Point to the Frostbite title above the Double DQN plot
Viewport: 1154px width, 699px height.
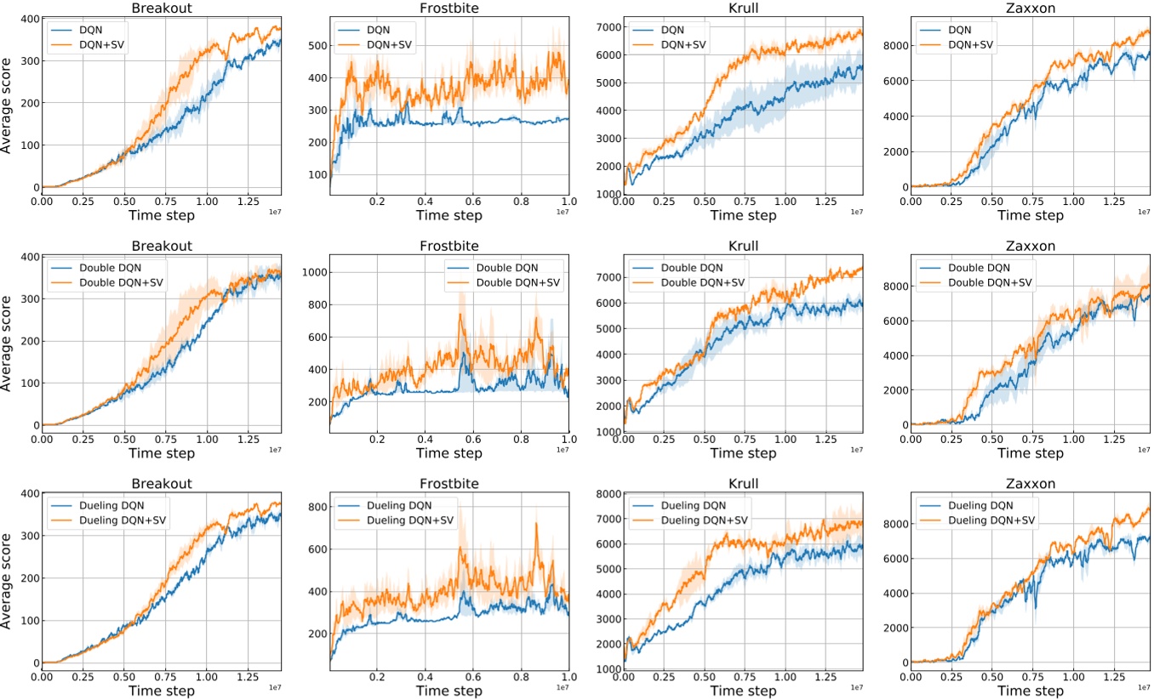[x=449, y=246]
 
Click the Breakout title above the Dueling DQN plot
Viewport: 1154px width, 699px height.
[x=161, y=484]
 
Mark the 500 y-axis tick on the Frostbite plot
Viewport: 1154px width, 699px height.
[x=315, y=45]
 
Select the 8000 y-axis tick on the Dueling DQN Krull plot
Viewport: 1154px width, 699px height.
[x=606, y=494]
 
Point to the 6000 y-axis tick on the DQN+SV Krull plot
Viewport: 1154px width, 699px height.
[x=606, y=55]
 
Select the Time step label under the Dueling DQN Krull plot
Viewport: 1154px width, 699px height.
[x=743, y=690]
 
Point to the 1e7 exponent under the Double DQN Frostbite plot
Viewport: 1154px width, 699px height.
[x=561, y=449]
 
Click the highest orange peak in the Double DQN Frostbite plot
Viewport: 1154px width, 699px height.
[x=460, y=315]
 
